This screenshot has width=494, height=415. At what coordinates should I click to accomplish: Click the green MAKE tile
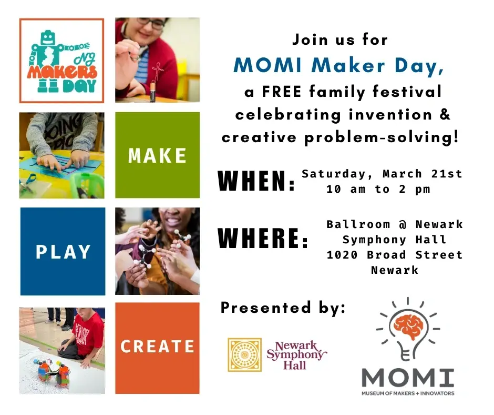pyautogui.click(x=157, y=155)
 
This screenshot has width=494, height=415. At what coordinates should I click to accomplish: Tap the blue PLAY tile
pyautogui.click(x=63, y=251)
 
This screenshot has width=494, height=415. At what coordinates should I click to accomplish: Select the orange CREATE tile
pyautogui.click(x=157, y=347)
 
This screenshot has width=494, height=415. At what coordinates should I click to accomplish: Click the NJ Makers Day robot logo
pyautogui.click(x=62, y=61)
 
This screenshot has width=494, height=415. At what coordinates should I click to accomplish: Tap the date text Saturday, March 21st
pyautogui.click(x=382, y=174)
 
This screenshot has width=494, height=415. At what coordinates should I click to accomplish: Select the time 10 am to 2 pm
pyautogui.click(x=378, y=189)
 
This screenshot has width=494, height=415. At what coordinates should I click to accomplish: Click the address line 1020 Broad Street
pyautogui.click(x=395, y=255)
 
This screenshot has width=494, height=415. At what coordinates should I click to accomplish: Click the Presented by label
pyautogui.click(x=283, y=308)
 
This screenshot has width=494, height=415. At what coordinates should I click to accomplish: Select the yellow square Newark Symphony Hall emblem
pyautogui.click(x=244, y=355)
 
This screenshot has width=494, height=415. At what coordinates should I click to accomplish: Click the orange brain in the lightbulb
pyautogui.click(x=407, y=331)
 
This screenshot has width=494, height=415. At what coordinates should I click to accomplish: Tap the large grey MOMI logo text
pyautogui.click(x=407, y=377)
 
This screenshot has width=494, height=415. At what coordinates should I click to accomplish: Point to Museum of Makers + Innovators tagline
pyautogui.click(x=407, y=393)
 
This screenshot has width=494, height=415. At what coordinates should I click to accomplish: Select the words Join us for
pyautogui.click(x=340, y=39)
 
